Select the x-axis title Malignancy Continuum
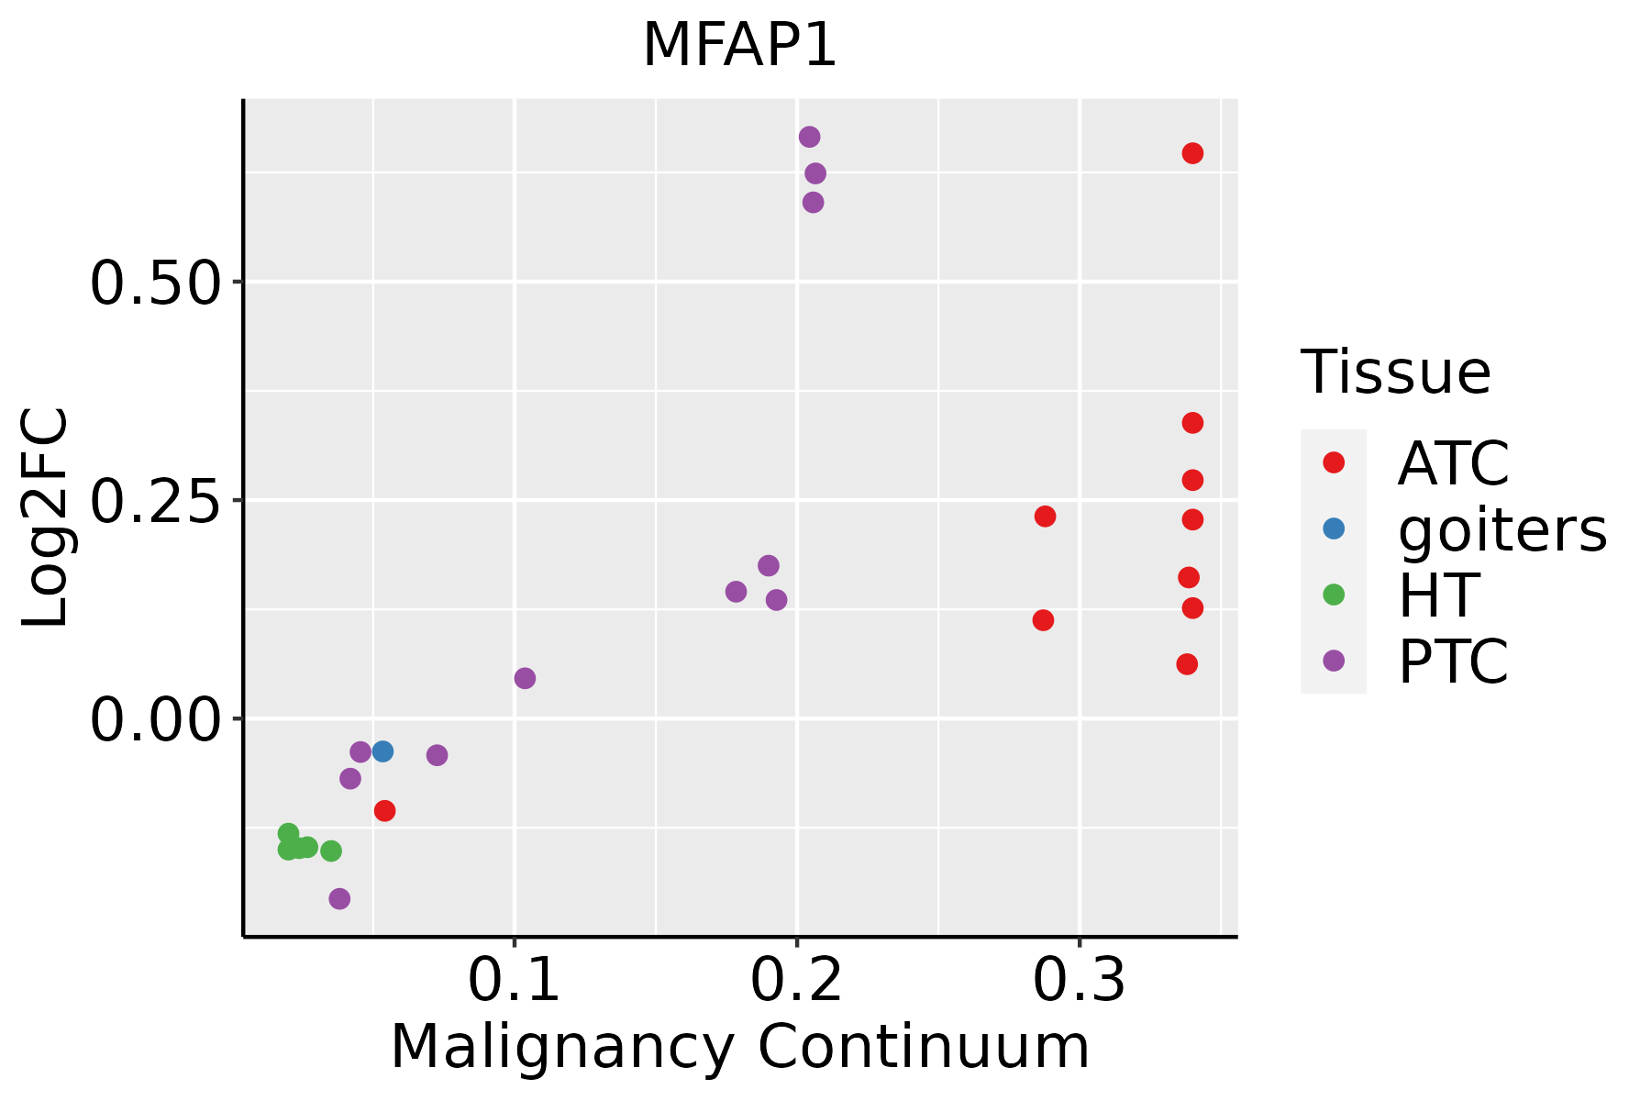pos(739,1047)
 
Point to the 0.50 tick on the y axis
pos(156,282)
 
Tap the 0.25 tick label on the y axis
pos(156,500)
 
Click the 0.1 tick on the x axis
pos(515,981)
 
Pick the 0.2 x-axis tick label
pos(797,981)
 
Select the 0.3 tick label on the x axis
pos(1080,981)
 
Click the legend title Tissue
pos(1396,373)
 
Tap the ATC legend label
pos(1453,463)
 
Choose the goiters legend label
pos(1502,529)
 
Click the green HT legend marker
pos(1334,595)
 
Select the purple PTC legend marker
pos(1334,661)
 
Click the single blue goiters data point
pos(383,751)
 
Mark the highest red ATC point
pos(1192,153)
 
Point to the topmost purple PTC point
pos(809,137)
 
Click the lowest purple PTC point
pos(339,898)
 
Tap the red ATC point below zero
pos(385,810)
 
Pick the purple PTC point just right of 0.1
pos(525,678)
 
